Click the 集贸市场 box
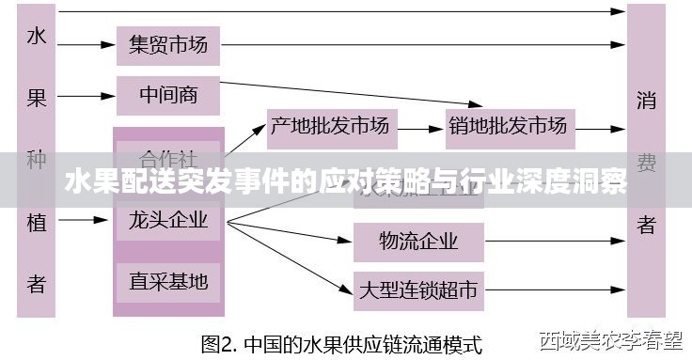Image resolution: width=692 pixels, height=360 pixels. point(167,44)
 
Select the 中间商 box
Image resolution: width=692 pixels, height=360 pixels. point(167,95)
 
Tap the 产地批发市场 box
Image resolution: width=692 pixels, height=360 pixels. point(329,124)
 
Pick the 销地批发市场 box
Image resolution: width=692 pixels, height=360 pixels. point(509,124)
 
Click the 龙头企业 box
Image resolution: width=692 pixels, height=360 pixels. point(168,223)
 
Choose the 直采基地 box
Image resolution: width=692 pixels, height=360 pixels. point(168,279)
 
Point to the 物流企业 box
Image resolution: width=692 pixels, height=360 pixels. point(418,241)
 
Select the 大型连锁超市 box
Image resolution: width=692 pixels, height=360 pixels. point(418,290)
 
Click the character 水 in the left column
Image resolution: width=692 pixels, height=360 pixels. point(36,38)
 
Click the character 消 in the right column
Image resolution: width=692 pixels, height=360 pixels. point(646,100)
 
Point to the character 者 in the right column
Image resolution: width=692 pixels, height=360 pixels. point(646,226)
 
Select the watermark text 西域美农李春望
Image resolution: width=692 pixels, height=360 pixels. point(607,339)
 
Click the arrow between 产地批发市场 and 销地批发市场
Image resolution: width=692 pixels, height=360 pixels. point(422,124)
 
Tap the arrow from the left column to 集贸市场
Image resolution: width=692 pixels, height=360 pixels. point(85,44)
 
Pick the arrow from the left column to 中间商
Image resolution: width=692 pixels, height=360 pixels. point(85,95)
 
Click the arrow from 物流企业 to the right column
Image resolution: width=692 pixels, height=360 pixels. point(555,241)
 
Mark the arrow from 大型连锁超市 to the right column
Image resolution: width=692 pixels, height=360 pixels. point(555,290)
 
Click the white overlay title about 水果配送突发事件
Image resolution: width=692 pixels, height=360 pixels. point(345,181)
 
